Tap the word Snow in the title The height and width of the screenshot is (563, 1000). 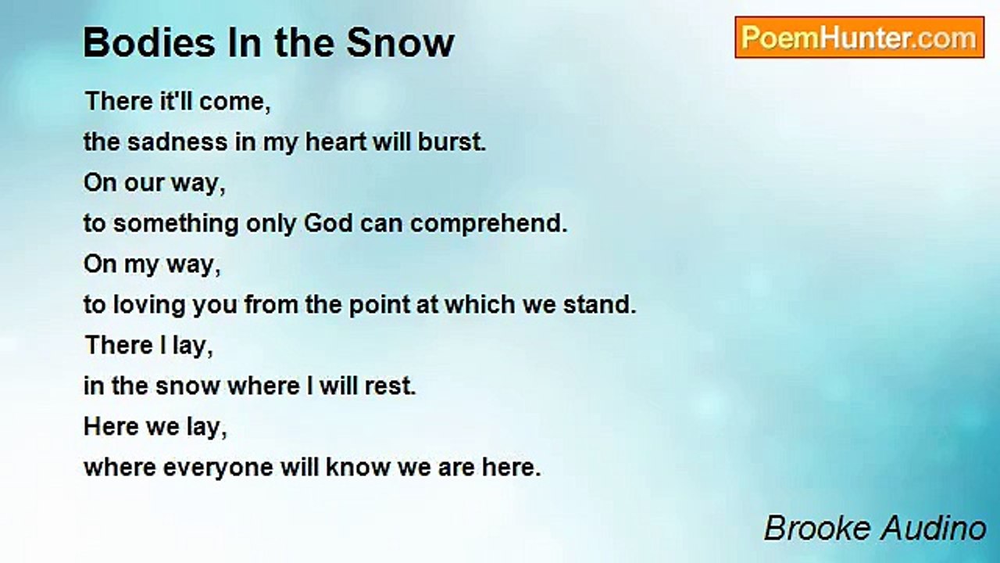coord(401,42)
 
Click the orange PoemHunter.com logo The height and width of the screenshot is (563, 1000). coord(859,38)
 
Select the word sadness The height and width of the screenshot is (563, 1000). coord(177,142)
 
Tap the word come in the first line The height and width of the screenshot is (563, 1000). coord(235,102)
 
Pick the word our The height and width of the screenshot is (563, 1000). coord(145,184)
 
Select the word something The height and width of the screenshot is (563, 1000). coord(176,224)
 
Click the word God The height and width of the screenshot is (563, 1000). coord(329,223)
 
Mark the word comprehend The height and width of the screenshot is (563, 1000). coord(489,224)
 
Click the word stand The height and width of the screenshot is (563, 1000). coord(599,304)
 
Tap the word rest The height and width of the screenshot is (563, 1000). coord(390,386)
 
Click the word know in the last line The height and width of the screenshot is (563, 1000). coord(358,467)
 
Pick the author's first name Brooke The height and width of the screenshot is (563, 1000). coord(819,528)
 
